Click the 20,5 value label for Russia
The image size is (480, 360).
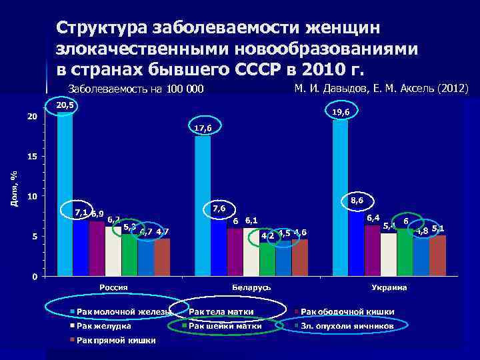pyautogui.click(x=65, y=106)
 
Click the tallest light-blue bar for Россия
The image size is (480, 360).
pyautogui.click(x=65, y=193)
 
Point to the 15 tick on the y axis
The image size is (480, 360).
pyautogui.click(x=31, y=157)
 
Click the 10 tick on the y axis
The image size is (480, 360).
pyautogui.click(x=31, y=197)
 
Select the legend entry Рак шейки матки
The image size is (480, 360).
pyautogui.click(x=225, y=326)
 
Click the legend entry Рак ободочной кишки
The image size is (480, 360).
pyautogui.click(x=347, y=311)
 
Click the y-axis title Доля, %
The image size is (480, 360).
pyautogui.click(x=13, y=188)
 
